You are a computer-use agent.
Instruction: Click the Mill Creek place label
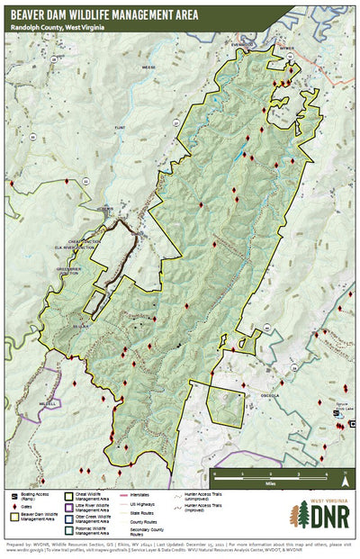coord(42,402)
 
